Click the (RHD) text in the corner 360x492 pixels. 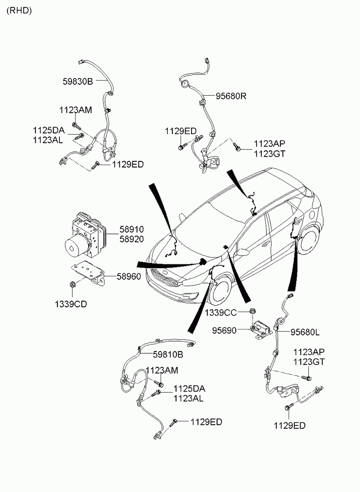[x=19, y=10]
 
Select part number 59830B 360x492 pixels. [x=78, y=82]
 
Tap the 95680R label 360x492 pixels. [x=231, y=96]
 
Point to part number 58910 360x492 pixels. [x=131, y=229]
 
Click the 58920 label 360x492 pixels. [x=131, y=239]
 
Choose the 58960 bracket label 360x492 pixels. [x=129, y=276]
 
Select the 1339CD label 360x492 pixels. [x=71, y=304]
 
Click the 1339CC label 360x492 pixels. [x=221, y=313]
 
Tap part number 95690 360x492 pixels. [x=224, y=330]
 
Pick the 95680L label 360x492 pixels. [x=305, y=332]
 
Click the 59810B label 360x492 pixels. [x=168, y=354]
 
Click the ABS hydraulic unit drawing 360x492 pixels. [x=85, y=234]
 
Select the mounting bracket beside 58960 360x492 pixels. [x=88, y=273]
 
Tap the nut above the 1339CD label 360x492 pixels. [x=72, y=285]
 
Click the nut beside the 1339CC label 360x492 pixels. [x=252, y=312]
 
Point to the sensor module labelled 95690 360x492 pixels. [x=261, y=329]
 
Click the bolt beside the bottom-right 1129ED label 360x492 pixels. [x=289, y=407]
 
